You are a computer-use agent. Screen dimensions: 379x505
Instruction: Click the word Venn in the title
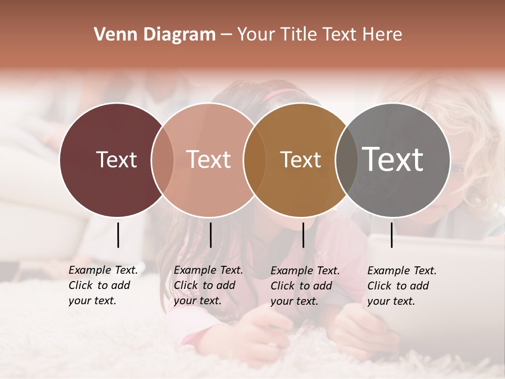pyautogui.click(x=110, y=35)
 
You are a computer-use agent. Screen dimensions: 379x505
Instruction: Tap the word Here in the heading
pyautogui.click(x=382, y=35)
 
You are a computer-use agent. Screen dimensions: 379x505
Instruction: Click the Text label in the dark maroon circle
pyautogui.click(x=116, y=159)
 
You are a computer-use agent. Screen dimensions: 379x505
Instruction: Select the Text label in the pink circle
pyautogui.click(x=208, y=159)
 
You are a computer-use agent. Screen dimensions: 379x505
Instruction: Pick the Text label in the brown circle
pyautogui.click(x=300, y=159)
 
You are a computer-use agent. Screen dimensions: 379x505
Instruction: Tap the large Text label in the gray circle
pyautogui.click(x=392, y=159)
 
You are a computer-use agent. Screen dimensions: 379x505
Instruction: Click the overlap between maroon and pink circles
pyautogui.click(x=163, y=159)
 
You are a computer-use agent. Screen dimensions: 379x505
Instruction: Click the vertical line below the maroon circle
pyautogui.click(x=118, y=235)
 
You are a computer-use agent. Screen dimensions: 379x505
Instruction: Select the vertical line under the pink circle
pyautogui.click(x=210, y=235)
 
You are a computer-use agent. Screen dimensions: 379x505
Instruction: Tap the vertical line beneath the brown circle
pyautogui.click(x=303, y=235)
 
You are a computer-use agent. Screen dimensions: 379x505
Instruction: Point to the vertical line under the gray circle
pyautogui.click(x=391, y=235)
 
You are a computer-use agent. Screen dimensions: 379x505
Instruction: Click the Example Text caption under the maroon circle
pyautogui.click(x=103, y=285)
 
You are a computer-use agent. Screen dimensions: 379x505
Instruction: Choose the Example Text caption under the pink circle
pyautogui.click(x=208, y=285)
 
